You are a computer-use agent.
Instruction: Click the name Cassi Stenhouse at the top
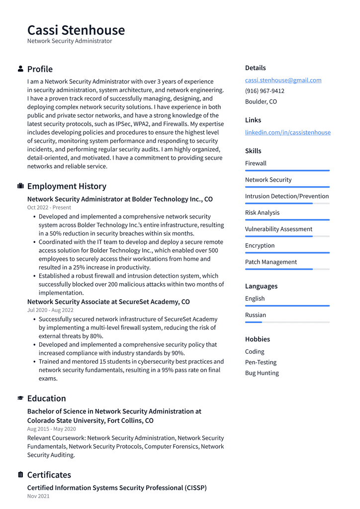pyautogui.click(x=76, y=30)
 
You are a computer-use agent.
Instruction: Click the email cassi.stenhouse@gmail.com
pyautogui.click(x=283, y=80)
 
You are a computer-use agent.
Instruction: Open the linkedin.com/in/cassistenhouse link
pyautogui.click(x=287, y=132)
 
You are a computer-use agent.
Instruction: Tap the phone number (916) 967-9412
pyautogui.click(x=265, y=91)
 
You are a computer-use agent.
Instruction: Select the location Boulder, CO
pyautogui.click(x=261, y=102)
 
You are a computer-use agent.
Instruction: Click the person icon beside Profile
pyautogui.click(x=20, y=69)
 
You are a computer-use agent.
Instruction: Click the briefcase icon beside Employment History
pyautogui.click(x=20, y=186)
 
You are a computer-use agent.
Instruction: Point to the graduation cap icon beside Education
pyautogui.click(x=20, y=398)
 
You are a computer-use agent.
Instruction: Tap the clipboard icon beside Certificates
pyautogui.click(x=20, y=475)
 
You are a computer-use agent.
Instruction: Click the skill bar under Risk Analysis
pyautogui.click(x=287, y=219)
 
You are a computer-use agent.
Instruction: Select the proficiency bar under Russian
pyautogui.click(x=287, y=322)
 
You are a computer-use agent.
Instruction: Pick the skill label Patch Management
pyautogui.click(x=270, y=262)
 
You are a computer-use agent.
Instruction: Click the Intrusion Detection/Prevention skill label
pyautogui.click(x=286, y=196)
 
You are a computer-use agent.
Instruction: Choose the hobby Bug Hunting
pyautogui.click(x=262, y=373)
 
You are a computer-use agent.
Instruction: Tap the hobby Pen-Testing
pyautogui.click(x=261, y=362)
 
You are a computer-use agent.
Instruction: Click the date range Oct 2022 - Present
pyautogui.click(x=49, y=207)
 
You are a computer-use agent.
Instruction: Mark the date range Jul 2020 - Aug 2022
pyautogui.click(x=50, y=310)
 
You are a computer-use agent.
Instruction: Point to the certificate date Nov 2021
pyautogui.click(x=38, y=496)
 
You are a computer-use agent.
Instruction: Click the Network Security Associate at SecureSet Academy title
pyautogui.click(x=108, y=302)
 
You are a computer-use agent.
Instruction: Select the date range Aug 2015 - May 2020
pyautogui.click(x=51, y=429)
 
